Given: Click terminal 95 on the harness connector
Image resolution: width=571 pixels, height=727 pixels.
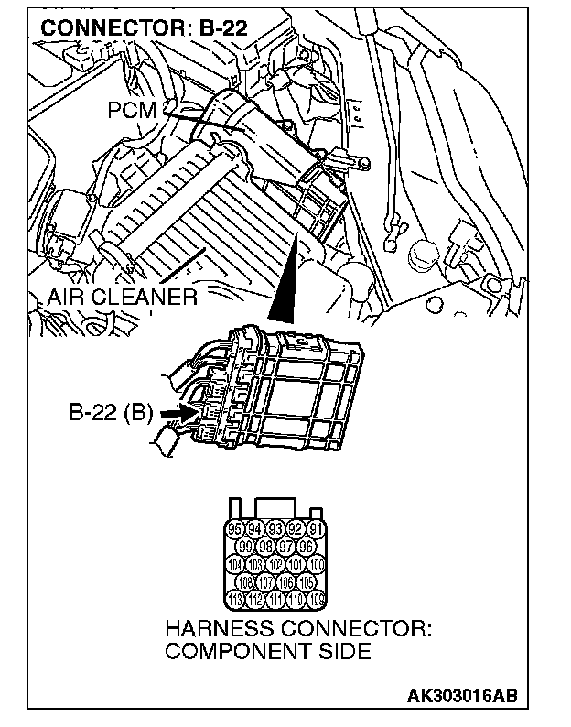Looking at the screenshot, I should (236, 528).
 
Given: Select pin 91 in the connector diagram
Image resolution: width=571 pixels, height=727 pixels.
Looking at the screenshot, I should (316, 528).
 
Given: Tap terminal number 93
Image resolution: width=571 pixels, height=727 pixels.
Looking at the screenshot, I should (276, 528).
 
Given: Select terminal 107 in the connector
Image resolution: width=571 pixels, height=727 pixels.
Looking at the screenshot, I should (266, 581).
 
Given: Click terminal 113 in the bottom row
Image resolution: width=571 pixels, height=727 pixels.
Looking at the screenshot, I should (236, 600).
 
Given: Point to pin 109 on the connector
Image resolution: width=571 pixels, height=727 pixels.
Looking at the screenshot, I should (317, 600).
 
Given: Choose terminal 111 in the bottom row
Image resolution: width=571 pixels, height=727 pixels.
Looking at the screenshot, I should (276, 600).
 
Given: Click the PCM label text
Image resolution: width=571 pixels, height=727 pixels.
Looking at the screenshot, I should (132, 111).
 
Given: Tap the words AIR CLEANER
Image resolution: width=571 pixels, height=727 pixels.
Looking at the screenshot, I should (123, 298).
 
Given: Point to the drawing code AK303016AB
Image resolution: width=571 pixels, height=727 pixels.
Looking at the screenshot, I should (461, 695).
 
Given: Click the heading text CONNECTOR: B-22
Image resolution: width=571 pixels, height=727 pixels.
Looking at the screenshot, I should (126, 27).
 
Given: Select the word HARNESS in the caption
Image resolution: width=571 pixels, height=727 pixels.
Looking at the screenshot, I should (212, 631).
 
